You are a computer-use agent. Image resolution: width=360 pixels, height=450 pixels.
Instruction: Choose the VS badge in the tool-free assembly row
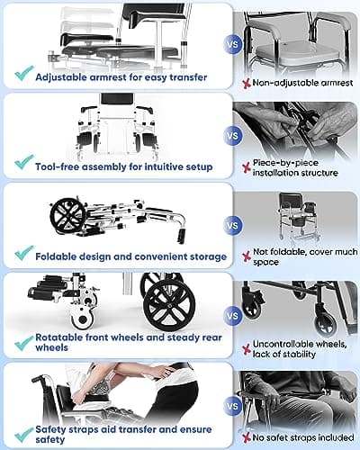[233, 138]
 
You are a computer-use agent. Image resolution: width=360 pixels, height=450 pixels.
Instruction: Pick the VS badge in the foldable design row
[233, 224]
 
